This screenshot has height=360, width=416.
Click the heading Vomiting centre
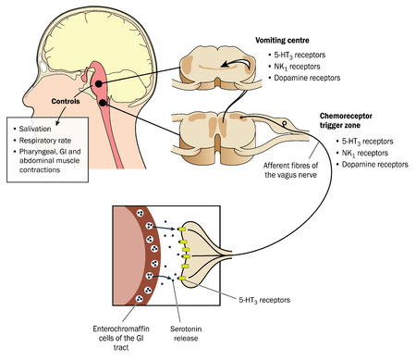pyautogui.click(x=286, y=41)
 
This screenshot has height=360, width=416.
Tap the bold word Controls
pyautogui.click(x=56, y=102)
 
